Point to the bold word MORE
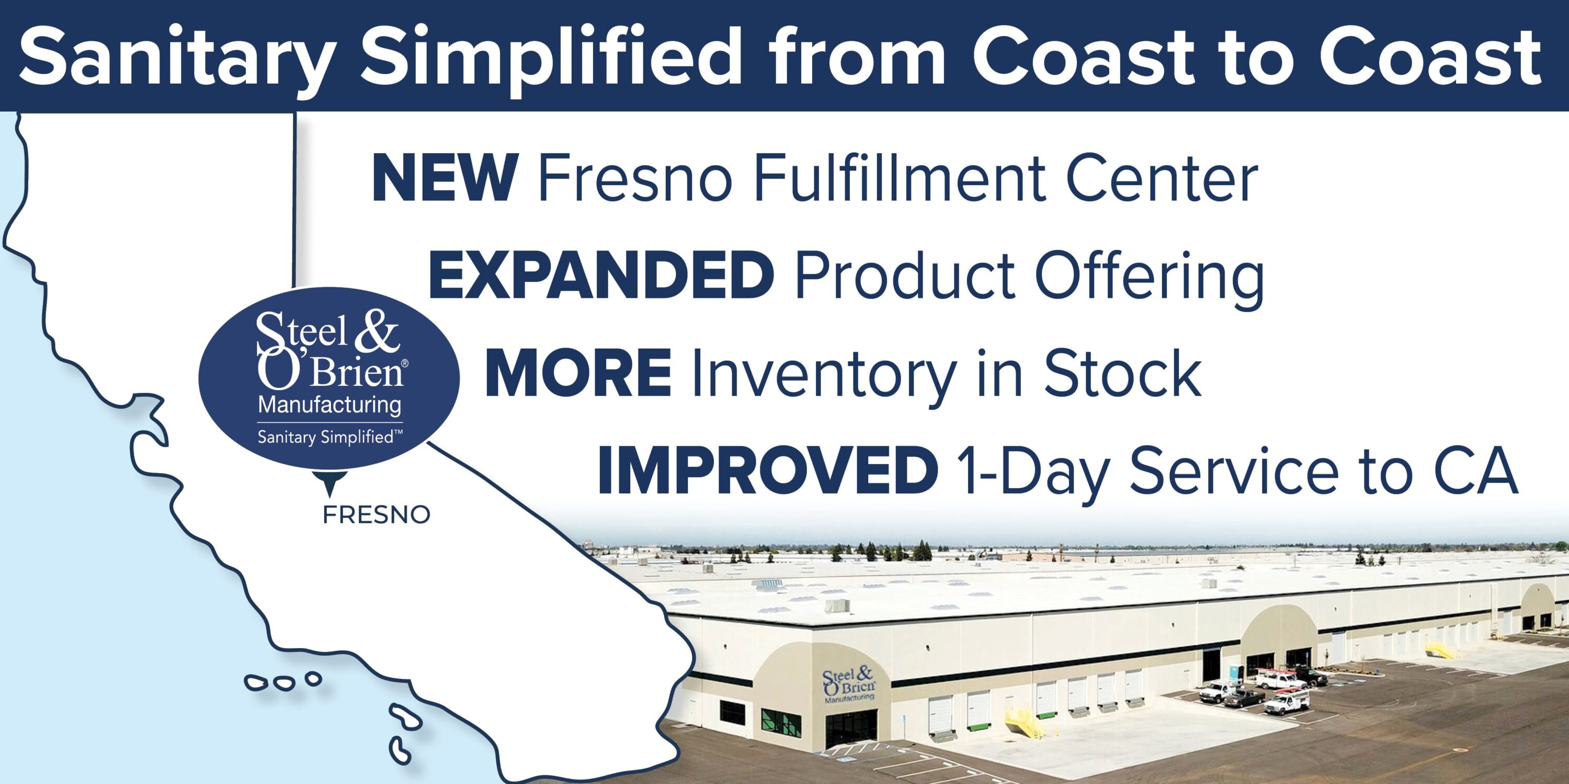[x=578, y=373]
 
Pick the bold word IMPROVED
[x=767, y=470]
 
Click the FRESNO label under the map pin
[x=377, y=515]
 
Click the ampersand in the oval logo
[x=378, y=332]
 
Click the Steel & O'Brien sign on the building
[x=848, y=685]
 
